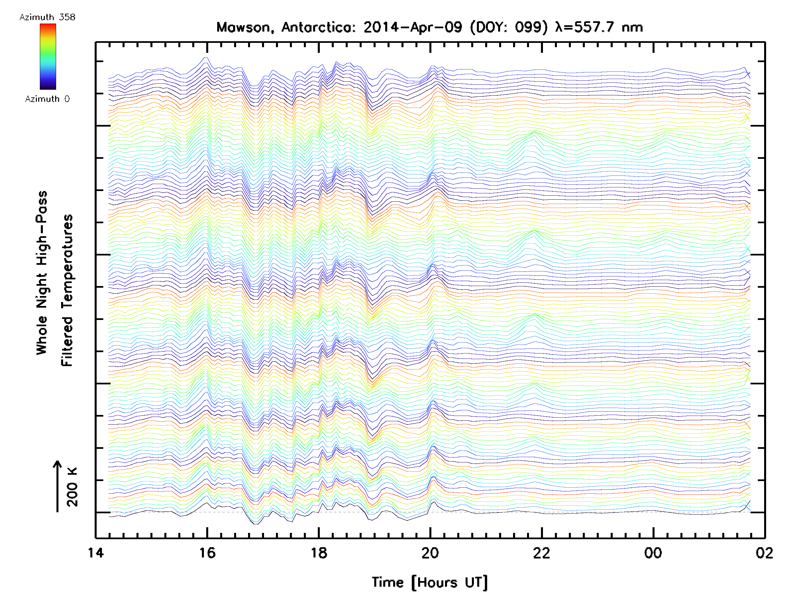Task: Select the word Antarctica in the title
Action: pos(318,27)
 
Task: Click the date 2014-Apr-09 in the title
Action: pos(412,27)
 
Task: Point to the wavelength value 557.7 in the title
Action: pos(593,27)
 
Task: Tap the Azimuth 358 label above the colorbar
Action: pos(47,17)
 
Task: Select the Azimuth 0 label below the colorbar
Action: pos(47,99)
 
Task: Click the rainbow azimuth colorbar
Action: pos(48,56)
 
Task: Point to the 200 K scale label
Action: pos(72,487)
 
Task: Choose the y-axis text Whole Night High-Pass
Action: pos(42,273)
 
